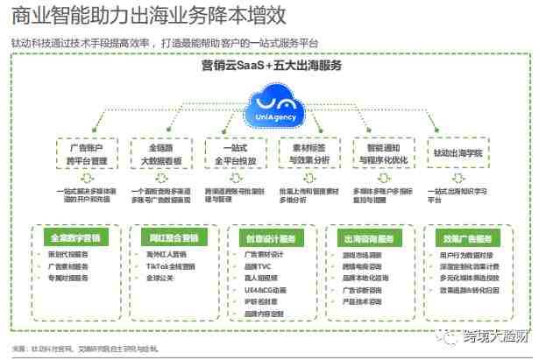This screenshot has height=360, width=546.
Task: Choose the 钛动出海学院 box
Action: point(457,152)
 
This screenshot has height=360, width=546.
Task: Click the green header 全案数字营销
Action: point(75,236)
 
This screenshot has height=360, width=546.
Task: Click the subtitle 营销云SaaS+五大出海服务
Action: point(272,66)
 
